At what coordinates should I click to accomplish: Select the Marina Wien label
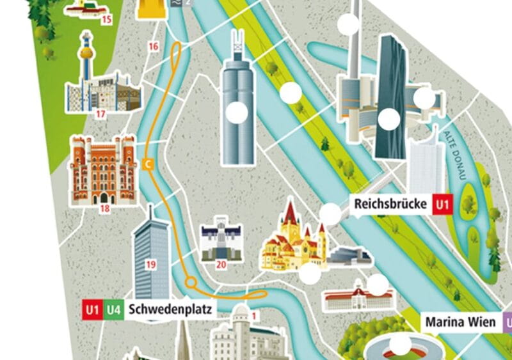(460, 322)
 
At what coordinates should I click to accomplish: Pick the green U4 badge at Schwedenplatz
(114, 310)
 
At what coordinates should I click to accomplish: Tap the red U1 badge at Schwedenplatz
(92, 310)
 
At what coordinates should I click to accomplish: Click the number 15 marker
(106, 19)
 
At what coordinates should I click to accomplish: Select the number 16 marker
(153, 46)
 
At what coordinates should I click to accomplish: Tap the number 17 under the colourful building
(100, 114)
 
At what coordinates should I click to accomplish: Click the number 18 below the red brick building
(104, 208)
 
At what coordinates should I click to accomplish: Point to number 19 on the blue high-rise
(151, 263)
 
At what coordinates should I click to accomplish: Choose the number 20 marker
(221, 263)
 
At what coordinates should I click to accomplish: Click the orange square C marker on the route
(148, 164)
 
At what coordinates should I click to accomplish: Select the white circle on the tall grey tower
(237, 113)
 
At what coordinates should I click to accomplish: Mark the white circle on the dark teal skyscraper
(388, 118)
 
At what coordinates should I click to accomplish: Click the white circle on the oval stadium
(402, 345)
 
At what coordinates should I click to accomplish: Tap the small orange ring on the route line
(190, 283)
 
